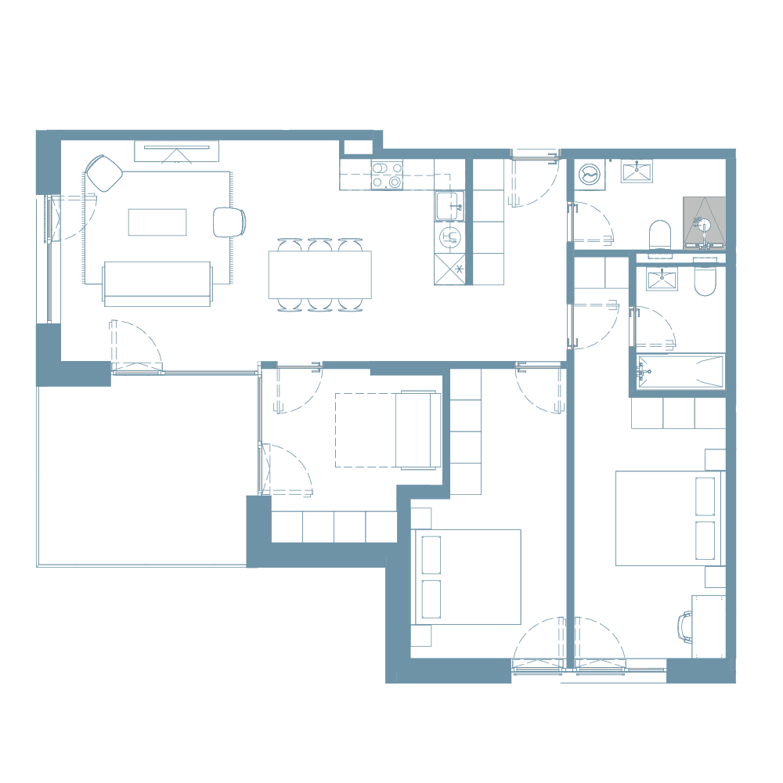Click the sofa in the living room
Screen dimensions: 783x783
157,283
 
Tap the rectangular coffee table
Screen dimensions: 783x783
157,222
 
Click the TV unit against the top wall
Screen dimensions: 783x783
176,151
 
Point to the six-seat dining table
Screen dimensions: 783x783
319,274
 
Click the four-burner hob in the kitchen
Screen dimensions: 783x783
386,175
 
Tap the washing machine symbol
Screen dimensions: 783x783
588,173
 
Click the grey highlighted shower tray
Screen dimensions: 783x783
705,222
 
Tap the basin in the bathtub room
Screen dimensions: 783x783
662,279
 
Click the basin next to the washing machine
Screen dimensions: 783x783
637,171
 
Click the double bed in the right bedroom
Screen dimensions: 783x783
669,518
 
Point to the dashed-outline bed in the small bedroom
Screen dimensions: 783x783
388,430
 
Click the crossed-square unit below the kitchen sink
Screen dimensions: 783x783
451,269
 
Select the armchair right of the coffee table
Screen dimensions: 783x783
228,222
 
